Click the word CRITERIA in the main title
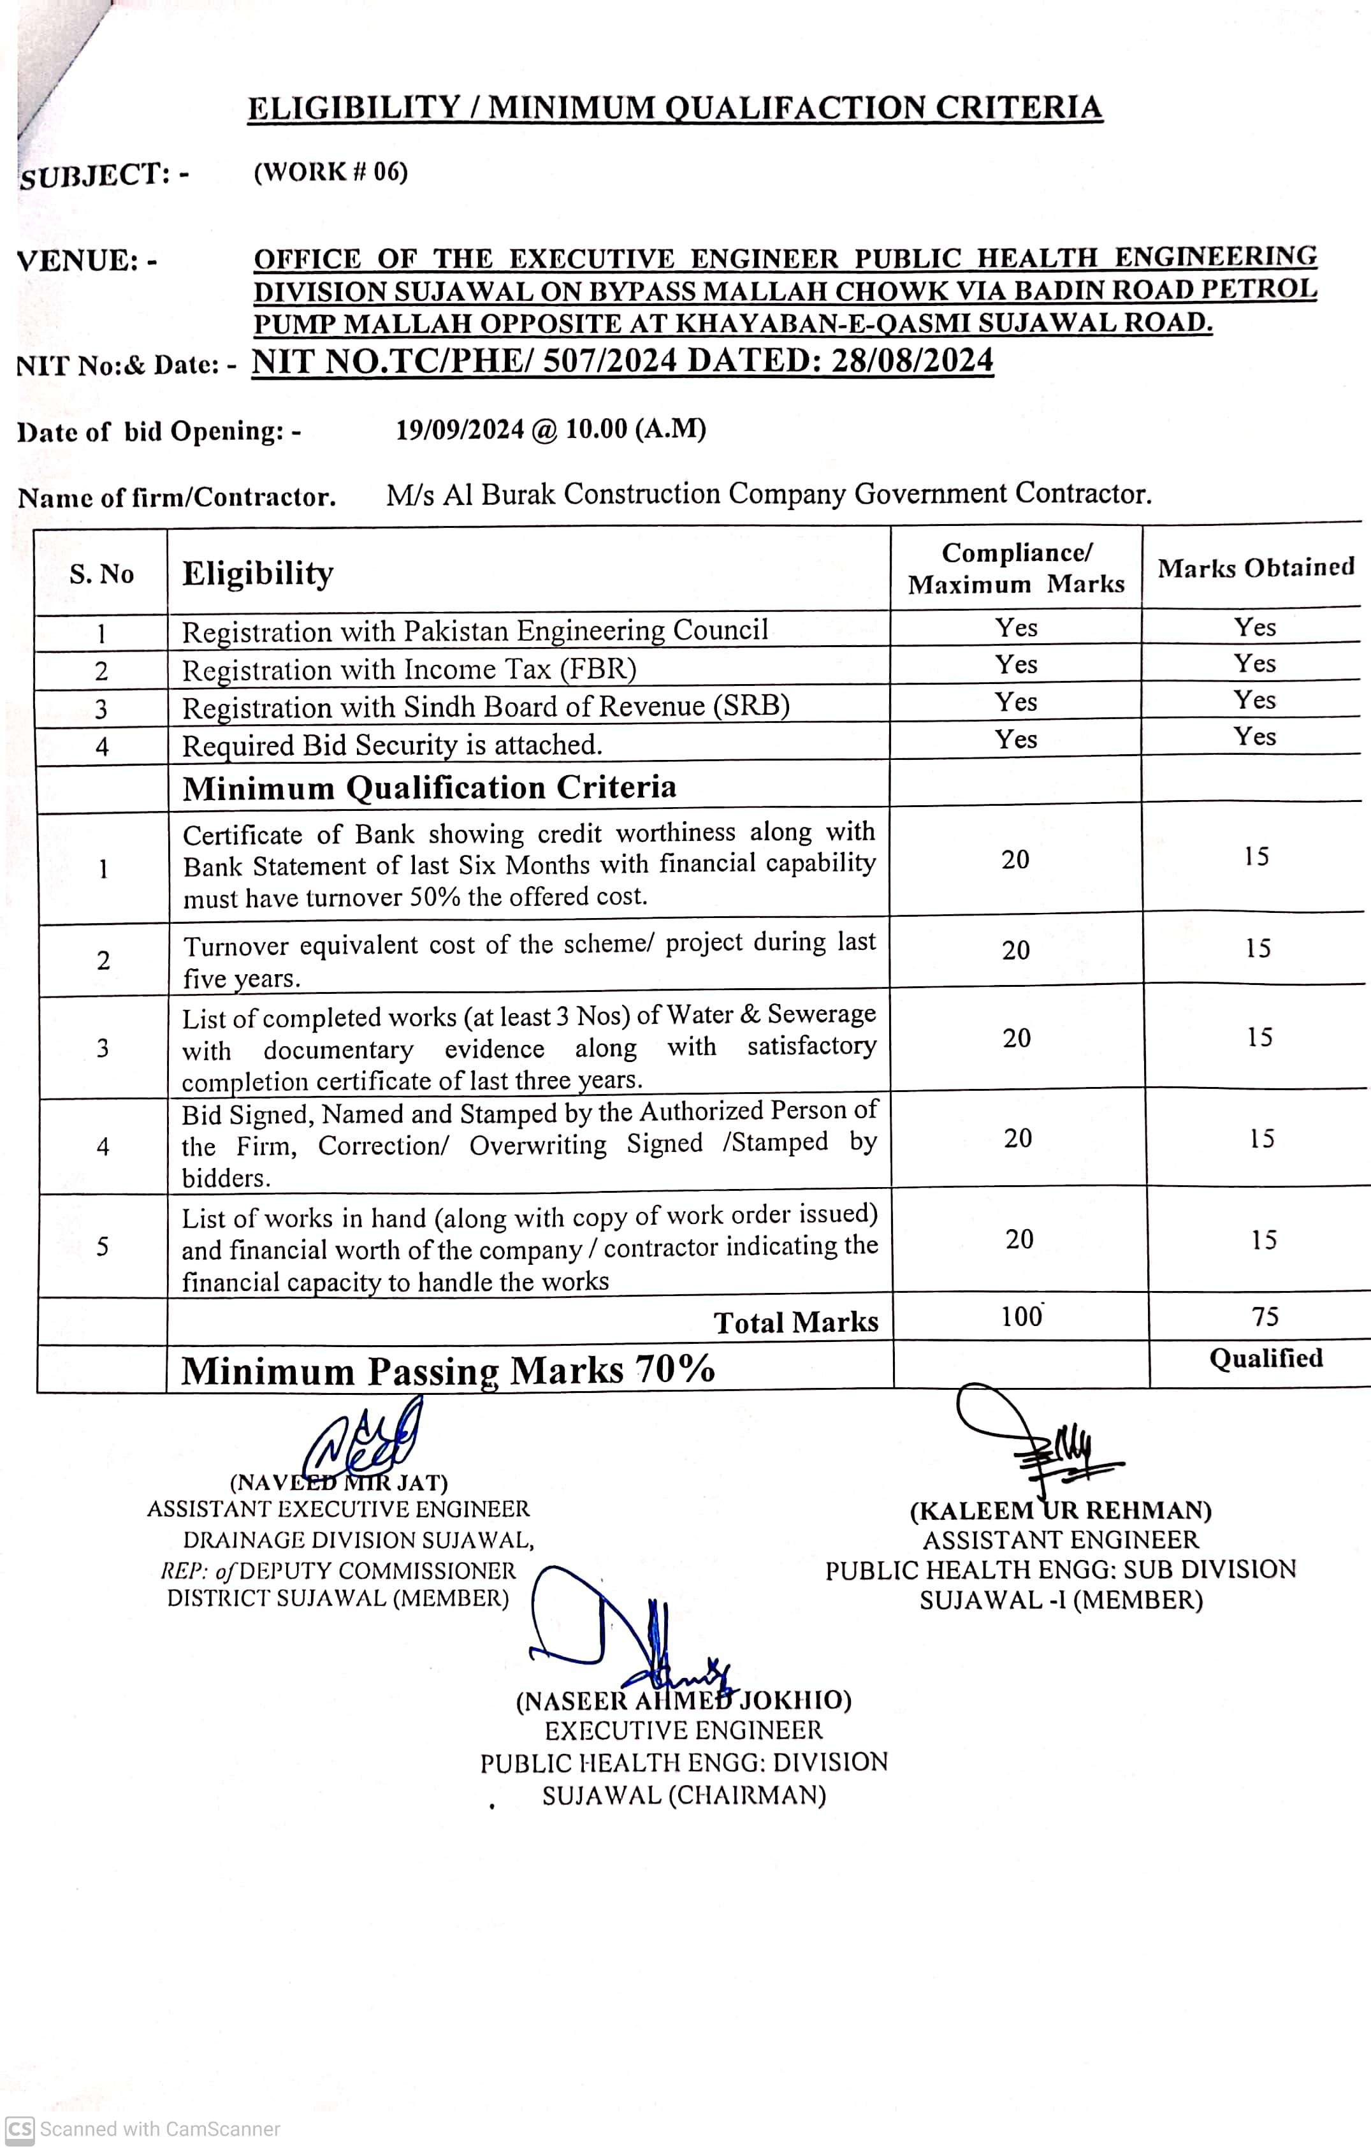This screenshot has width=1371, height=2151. [x=1018, y=107]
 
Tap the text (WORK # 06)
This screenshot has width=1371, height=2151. [x=330, y=171]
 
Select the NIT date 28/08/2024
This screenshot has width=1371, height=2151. [x=912, y=360]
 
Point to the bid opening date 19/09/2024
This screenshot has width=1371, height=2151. [x=459, y=430]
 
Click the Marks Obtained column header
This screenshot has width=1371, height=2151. [x=1255, y=567]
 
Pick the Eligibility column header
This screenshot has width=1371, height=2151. [x=258, y=572]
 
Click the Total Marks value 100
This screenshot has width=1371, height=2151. [x=1021, y=1316]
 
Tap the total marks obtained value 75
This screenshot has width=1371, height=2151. [x=1265, y=1316]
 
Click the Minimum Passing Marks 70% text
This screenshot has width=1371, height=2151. [x=447, y=1369]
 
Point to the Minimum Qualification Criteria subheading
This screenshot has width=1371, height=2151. [x=429, y=787]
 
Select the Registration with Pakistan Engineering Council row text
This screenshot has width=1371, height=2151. [x=474, y=631]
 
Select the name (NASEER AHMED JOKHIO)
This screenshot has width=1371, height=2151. [x=683, y=1700]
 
